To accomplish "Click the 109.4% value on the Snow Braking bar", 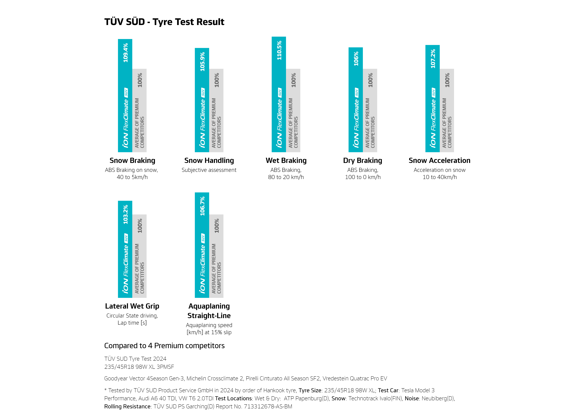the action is (125, 53).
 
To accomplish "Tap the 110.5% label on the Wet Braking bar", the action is (279, 50).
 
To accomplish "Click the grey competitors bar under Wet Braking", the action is (293, 110).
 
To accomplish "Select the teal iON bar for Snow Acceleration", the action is (432, 98).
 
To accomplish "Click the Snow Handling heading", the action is (209, 161).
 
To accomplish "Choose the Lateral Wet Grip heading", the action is (132, 306).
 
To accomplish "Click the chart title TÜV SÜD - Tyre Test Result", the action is (164, 22).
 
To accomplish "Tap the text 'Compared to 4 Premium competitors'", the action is (164, 346).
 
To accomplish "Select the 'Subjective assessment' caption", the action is (209, 170).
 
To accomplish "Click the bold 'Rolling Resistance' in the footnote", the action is (128, 406).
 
